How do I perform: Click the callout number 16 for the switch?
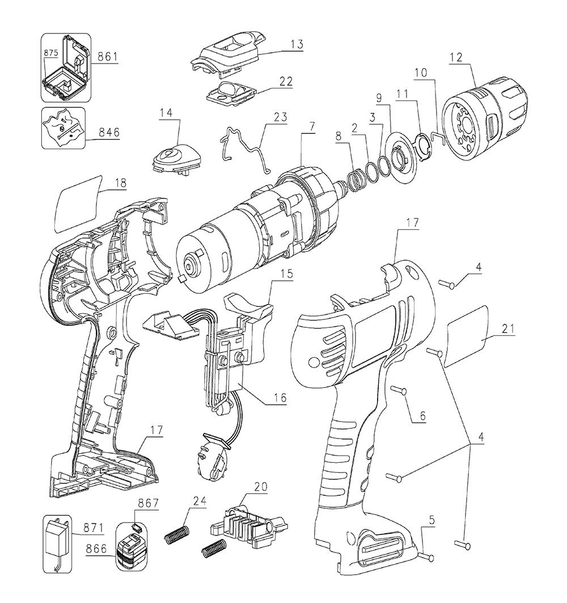278,398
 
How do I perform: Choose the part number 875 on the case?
52,67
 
